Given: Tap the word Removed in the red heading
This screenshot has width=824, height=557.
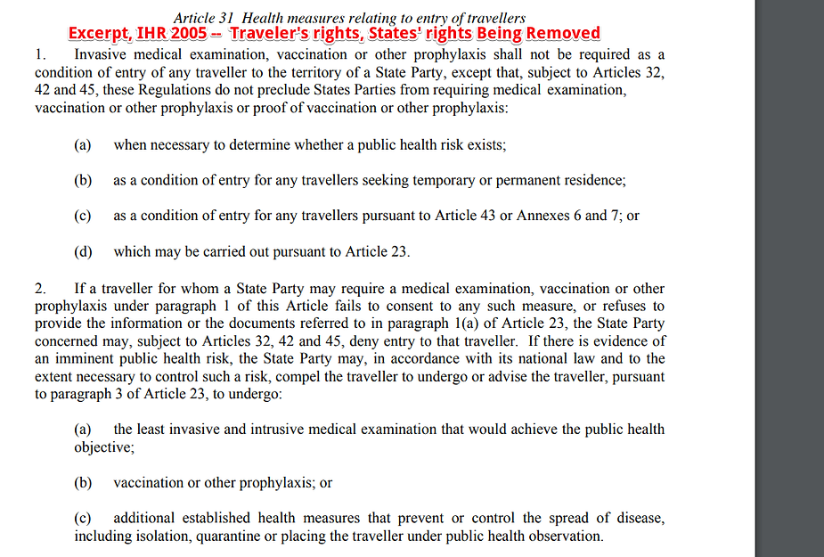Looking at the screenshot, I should tap(563, 34).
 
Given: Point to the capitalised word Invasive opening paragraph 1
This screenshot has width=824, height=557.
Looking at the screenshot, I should tap(101, 53).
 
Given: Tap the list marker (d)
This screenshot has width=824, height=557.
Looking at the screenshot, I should tap(83, 251).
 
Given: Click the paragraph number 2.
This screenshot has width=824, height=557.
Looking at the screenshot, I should tap(40, 289).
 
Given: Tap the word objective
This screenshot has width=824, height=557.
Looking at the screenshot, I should tap(102, 447).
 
